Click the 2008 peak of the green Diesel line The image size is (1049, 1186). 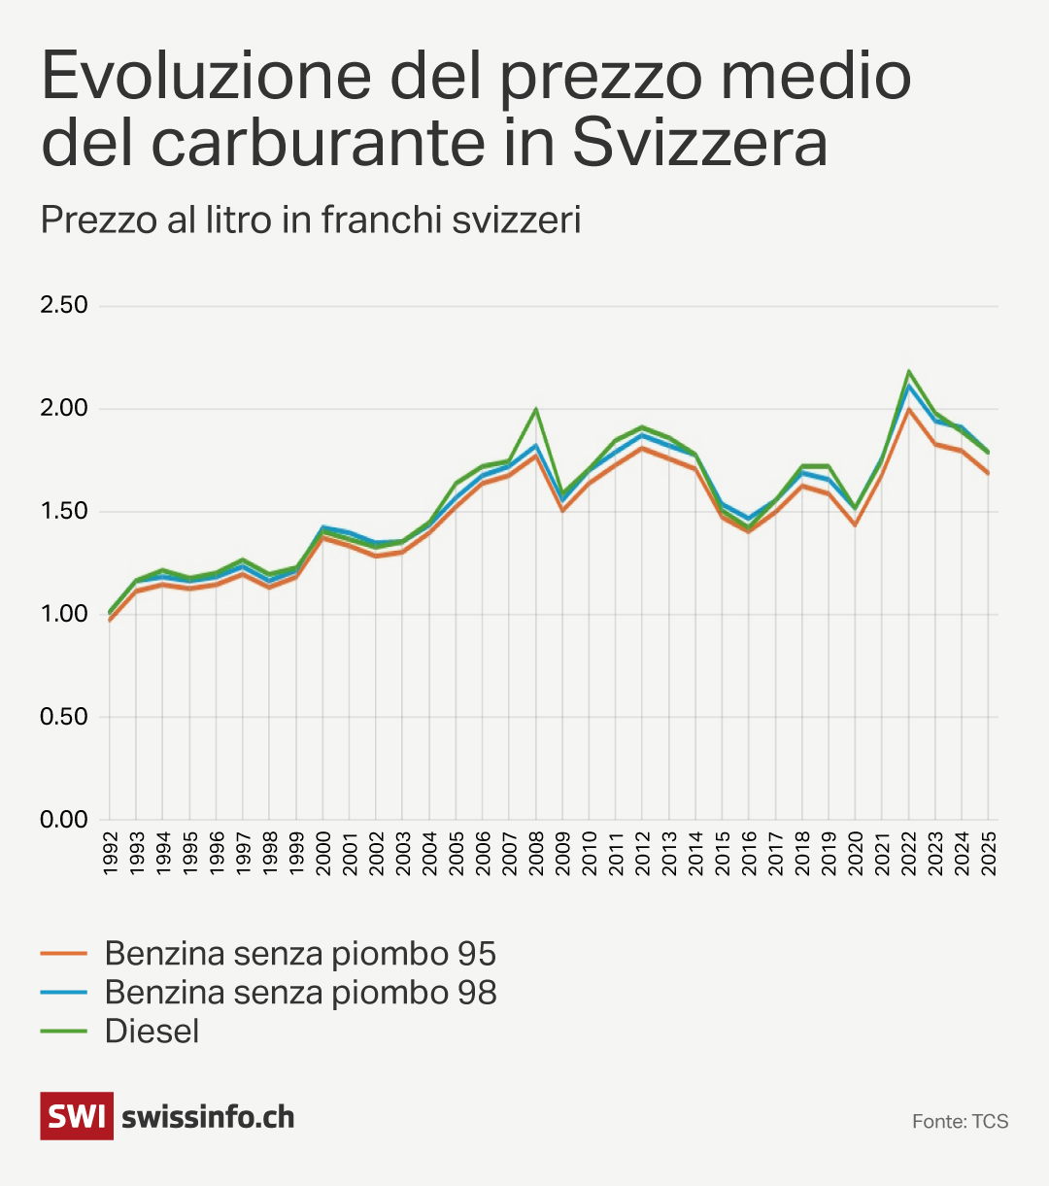pyautogui.click(x=535, y=409)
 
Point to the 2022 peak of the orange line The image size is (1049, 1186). pyautogui.click(x=908, y=409)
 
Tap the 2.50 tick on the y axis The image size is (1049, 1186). pyautogui.click(x=64, y=305)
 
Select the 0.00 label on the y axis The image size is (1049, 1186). pyautogui.click(x=64, y=820)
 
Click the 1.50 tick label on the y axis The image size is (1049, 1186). pyautogui.click(x=64, y=511)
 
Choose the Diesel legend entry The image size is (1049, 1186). pyautogui.click(x=152, y=1031)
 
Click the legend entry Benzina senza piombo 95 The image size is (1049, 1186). pyautogui.click(x=300, y=953)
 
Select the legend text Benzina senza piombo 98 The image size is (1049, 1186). pyautogui.click(x=300, y=992)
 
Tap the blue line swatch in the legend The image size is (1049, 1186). pyautogui.click(x=64, y=992)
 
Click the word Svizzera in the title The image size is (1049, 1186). pyautogui.click(x=699, y=143)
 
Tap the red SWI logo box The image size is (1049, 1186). pyautogui.click(x=76, y=1116)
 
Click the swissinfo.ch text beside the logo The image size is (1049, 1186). pyautogui.click(x=208, y=1117)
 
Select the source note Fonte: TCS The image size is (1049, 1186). pyautogui.click(x=960, y=1122)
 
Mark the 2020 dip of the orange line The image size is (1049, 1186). pyautogui.click(x=856, y=525)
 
